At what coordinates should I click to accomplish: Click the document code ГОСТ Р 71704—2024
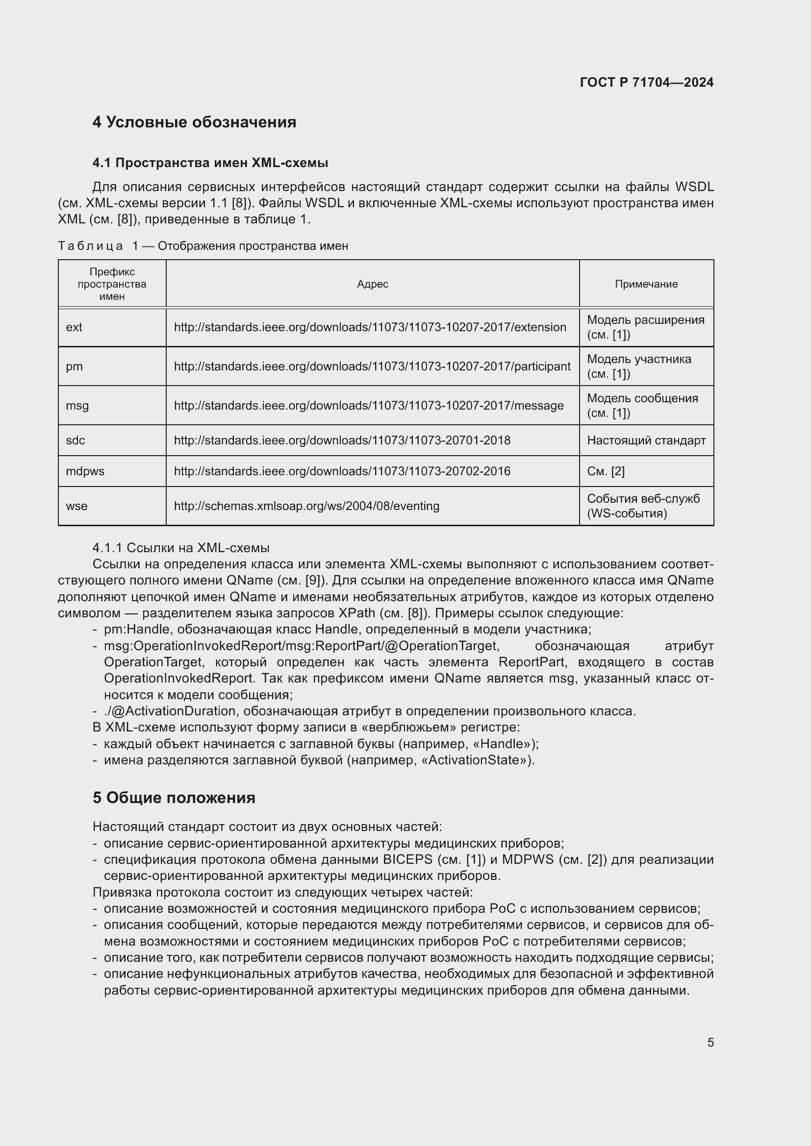pyautogui.click(x=646, y=82)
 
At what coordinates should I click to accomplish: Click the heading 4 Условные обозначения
pyautogui.click(x=194, y=122)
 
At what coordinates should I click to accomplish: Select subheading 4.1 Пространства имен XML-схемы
pyautogui.click(x=210, y=163)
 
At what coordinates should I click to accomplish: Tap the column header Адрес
pyautogui.click(x=373, y=284)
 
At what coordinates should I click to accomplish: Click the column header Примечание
pyautogui.click(x=646, y=284)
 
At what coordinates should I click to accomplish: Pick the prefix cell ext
pyautogui.click(x=74, y=327)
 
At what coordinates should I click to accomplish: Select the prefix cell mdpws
pyautogui.click(x=85, y=471)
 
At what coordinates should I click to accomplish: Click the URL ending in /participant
pyautogui.click(x=372, y=366)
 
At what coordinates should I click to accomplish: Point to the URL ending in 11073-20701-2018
pyautogui.click(x=342, y=440)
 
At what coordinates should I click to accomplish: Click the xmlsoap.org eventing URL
pyautogui.click(x=306, y=506)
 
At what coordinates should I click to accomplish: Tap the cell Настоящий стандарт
pyautogui.click(x=646, y=440)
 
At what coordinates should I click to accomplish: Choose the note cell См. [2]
pyautogui.click(x=606, y=471)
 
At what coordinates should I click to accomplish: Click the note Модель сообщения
pyautogui.click(x=642, y=398)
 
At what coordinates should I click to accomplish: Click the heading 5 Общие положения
pyautogui.click(x=174, y=798)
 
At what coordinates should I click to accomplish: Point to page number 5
pyautogui.click(x=710, y=1042)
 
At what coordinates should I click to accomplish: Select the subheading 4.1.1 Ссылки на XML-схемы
pyautogui.click(x=181, y=548)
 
